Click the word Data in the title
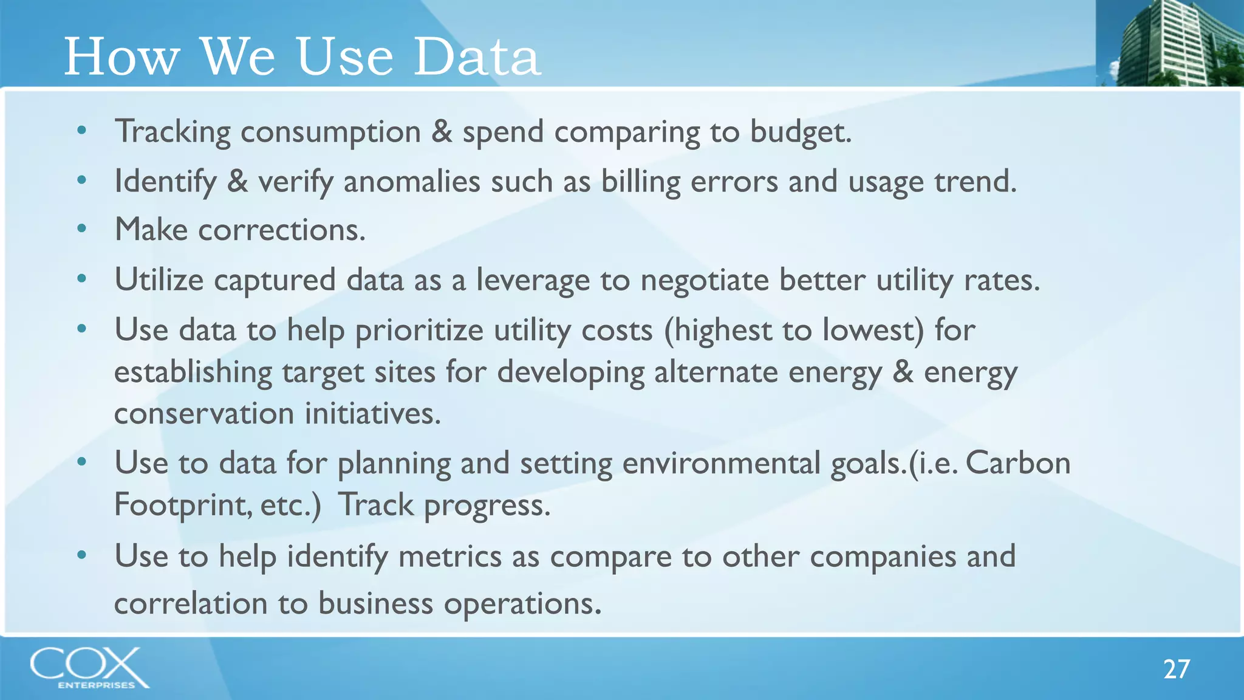coord(477,57)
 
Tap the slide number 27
coord(1176,669)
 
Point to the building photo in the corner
coord(1169,43)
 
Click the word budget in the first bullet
coord(800,132)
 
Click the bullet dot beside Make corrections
coord(82,229)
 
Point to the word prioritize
coord(419,331)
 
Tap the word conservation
coord(204,414)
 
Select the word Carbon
coord(1017,463)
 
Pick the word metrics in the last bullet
coord(449,556)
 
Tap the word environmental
coord(721,463)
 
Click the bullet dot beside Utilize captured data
coord(82,279)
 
